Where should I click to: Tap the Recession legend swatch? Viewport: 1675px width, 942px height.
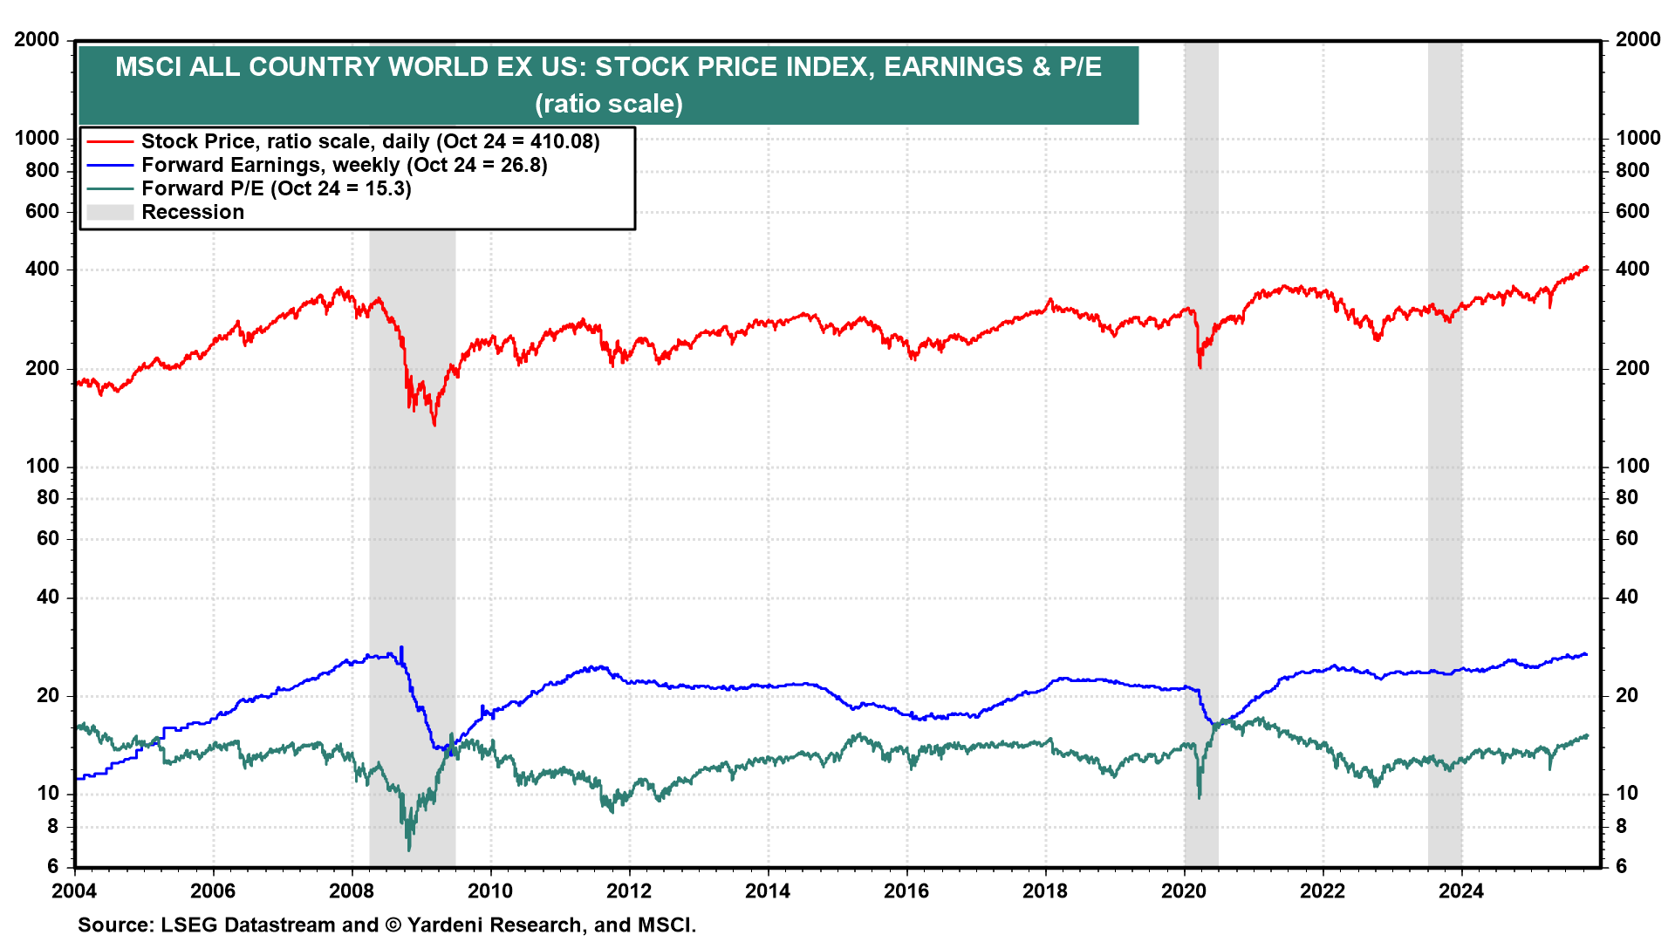(x=110, y=212)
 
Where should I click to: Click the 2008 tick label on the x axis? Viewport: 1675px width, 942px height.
(x=352, y=891)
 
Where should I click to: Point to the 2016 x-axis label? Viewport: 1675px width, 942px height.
(x=906, y=891)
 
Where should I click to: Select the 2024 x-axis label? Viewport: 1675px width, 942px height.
(x=1461, y=891)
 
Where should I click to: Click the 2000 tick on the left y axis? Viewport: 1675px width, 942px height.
(x=37, y=39)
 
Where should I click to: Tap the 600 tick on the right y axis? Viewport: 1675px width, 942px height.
(x=1632, y=211)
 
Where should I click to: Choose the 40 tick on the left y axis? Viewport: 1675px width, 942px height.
(x=48, y=597)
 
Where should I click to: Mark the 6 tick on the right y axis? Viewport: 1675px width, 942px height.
(x=1622, y=865)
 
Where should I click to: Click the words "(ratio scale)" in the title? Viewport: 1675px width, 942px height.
(x=609, y=104)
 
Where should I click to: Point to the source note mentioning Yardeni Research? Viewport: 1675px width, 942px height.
(x=386, y=925)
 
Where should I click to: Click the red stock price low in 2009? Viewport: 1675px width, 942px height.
(x=434, y=425)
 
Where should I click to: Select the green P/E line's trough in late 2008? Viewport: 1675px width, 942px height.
(x=409, y=850)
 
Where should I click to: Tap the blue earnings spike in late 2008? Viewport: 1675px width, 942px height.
(x=401, y=647)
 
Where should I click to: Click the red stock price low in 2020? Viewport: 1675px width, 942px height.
(x=1200, y=367)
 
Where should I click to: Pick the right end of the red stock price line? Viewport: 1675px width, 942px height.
(x=1587, y=267)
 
